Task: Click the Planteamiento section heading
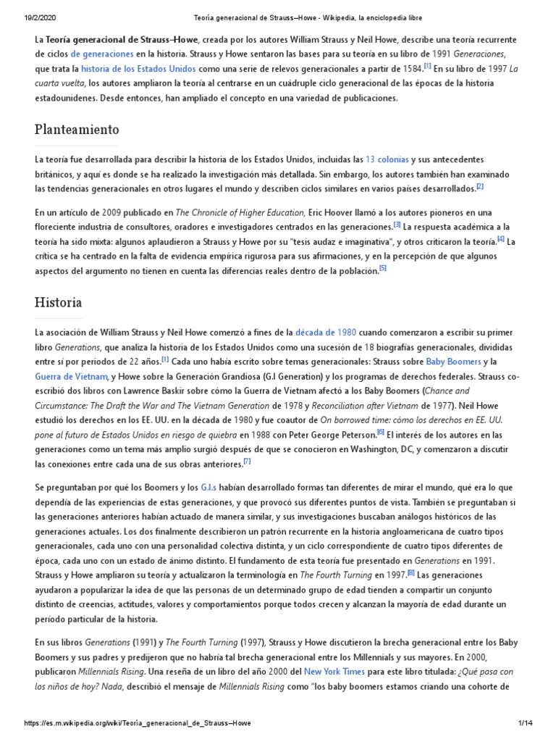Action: [x=77, y=130]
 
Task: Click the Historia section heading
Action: [x=59, y=302]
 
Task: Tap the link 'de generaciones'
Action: [x=101, y=54]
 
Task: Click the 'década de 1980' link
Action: [x=326, y=332]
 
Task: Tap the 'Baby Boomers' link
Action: [x=453, y=361]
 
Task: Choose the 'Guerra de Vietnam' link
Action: [x=72, y=376]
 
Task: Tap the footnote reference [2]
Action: [x=479, y=186]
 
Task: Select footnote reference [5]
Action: [x=383, y=268]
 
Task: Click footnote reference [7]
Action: [x=247, y=461]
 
